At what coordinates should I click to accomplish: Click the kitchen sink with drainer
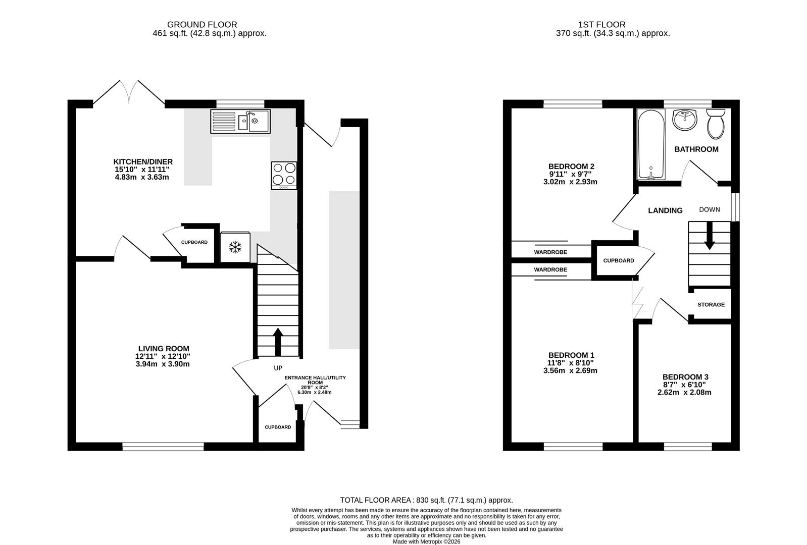[x=240, y=121]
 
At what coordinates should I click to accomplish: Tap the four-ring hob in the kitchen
[x=284, y=175]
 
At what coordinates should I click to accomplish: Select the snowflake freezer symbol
[x=235, y=247]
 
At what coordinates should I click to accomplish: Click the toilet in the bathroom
[x=716, y=124]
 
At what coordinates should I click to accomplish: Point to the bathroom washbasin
[x=685, y=120]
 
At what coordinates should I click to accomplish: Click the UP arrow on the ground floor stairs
[x=277, y=342]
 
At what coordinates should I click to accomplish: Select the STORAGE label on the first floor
[x=711, y=305]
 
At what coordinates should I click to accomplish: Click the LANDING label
[x=665, y=210]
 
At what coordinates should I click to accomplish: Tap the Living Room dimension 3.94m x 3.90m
[x=163, y=364]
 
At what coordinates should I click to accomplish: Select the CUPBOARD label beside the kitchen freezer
[x=194, y=242]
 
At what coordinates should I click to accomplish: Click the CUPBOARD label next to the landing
[x=619, y=261]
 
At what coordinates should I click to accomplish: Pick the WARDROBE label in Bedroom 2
[x=550, y=252]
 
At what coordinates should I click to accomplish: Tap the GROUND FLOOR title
[x=202, y=24]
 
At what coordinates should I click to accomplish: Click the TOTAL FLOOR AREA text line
[x=426, y=500]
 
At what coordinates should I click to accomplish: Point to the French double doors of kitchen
[x=129, y=93]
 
